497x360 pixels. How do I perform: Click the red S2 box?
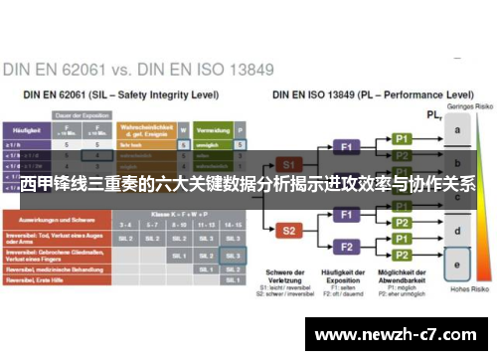pos(288,231)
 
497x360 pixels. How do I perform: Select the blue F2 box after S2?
pos(347,247)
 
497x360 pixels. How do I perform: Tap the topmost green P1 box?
pos(402,138)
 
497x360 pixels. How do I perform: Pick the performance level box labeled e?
pos(457,266)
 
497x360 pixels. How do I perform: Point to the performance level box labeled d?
pos(457,231)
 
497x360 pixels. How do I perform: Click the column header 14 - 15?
pos(233,226)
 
